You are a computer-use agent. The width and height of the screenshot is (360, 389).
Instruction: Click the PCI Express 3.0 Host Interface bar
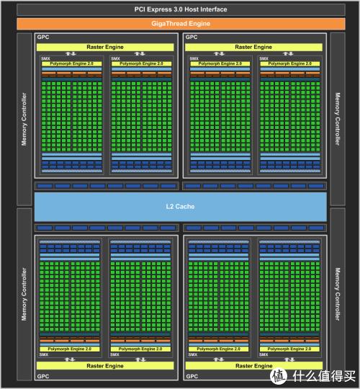point(181,9)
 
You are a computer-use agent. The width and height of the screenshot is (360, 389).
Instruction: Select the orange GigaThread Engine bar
point(181,24)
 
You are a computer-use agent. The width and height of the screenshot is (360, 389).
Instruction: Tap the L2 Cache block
point(181,207)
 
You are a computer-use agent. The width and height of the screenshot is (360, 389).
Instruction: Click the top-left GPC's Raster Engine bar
point(105,47)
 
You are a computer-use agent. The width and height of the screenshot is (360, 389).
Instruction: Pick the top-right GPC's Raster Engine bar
point(253,47)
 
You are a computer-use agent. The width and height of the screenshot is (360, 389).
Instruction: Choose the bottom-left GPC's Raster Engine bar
point(105,366)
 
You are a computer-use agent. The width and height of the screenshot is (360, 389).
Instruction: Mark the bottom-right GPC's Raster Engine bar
point(254,366)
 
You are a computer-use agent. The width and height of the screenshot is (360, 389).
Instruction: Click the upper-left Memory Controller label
point(24,119)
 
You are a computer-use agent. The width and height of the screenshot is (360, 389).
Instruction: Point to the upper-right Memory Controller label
point(338,119)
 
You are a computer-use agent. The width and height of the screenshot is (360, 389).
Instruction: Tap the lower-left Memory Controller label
point(24,294)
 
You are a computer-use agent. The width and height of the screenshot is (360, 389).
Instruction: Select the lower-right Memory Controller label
point(338,294)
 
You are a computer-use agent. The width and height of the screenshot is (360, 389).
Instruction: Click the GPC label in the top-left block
point(43,37)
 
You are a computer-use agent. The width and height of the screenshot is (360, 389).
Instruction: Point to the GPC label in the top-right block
point(192,37)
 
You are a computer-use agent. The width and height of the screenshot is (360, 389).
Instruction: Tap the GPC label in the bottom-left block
point(43,376)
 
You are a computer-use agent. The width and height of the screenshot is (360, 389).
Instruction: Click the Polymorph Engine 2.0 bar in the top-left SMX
point(72,64)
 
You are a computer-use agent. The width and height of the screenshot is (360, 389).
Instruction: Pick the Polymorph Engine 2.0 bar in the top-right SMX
point(290,64)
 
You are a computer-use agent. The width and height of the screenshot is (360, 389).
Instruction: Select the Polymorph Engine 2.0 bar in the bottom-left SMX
point(70,349)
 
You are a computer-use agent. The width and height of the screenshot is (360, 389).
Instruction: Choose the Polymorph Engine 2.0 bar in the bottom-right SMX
point(289,349)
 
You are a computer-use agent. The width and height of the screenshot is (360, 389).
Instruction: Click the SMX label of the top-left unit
point(45,59)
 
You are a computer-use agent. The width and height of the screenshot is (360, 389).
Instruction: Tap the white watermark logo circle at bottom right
point(279,376)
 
